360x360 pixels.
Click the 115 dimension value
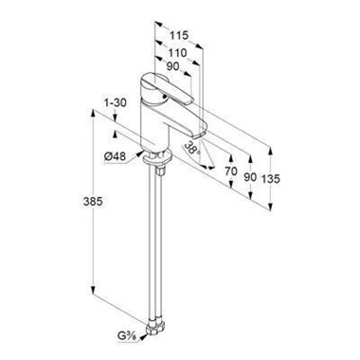pos(179,35)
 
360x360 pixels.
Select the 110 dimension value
pos(177,53)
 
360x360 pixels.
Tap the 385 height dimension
pos(93,202)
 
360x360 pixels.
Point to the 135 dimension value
pos(271,179)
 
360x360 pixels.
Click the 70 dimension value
pos(231,171)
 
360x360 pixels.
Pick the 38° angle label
pos(192,148)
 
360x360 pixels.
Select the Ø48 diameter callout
pos(115,156)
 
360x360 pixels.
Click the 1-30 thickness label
pos(116,103)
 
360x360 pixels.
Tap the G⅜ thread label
pos(127,337)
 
